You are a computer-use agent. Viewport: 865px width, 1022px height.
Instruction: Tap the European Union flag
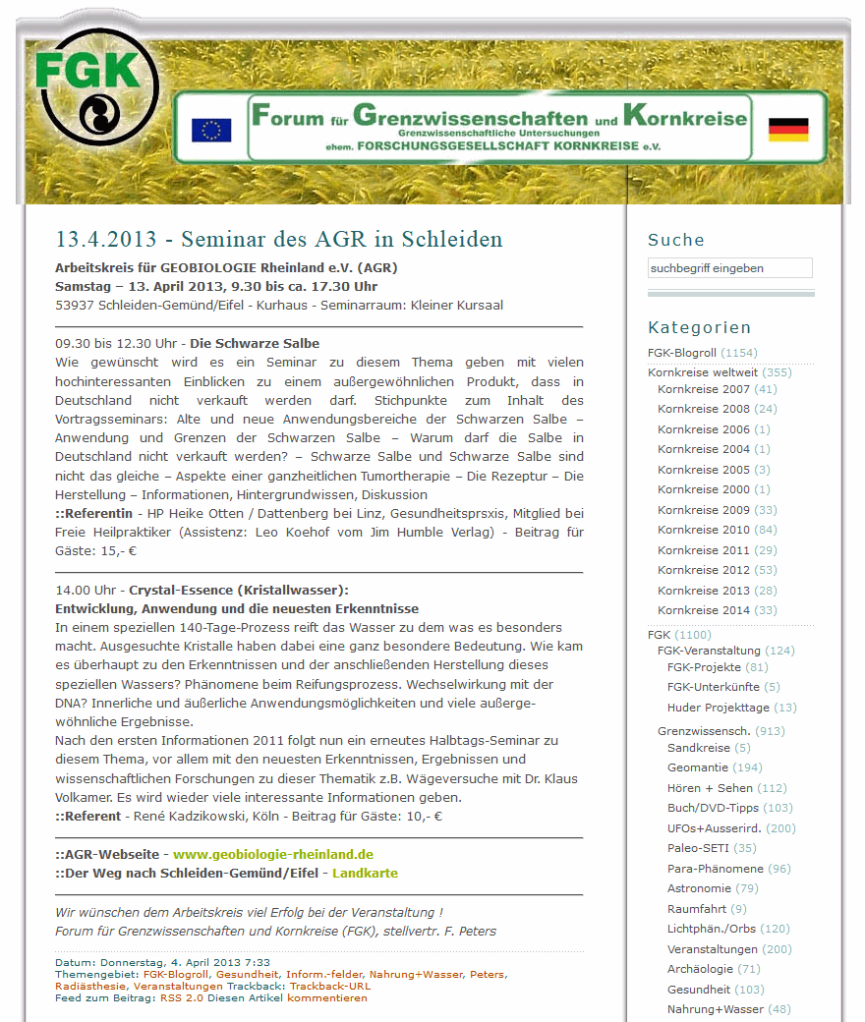(x=210, y=130)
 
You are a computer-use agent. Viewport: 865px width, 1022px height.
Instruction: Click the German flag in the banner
(x=787, y=129)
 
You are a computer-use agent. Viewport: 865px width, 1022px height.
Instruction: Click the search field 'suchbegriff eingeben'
(x=729, y=268)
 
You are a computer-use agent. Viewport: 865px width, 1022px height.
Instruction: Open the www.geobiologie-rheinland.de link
(x=272, y=854)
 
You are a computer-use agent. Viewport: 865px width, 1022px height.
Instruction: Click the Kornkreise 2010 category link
(x=703, y=531)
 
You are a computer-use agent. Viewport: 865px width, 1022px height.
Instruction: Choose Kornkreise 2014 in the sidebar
(x=703, y=610)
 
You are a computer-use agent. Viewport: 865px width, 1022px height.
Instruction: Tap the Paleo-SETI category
(x=698, y=848)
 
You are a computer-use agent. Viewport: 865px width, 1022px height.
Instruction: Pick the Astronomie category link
(x=699, y=888)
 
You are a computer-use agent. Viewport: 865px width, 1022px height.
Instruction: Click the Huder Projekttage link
(x=718, y=708)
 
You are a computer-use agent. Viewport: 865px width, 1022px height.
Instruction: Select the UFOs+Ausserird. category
(x=716, y=828)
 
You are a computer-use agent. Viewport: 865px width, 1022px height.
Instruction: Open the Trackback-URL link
(x=330, y=986)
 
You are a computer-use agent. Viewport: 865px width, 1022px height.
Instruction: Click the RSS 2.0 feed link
(x=182, y=997)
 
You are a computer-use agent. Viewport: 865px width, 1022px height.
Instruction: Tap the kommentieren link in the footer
(x=327, y=997)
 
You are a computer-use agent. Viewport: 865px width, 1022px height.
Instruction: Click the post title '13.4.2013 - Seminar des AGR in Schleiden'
(x=279, y=240)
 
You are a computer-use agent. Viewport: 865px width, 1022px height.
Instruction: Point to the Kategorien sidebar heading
(x=699, y=327)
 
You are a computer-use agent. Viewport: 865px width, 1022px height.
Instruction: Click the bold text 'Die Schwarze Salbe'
(x=254, y=344)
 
